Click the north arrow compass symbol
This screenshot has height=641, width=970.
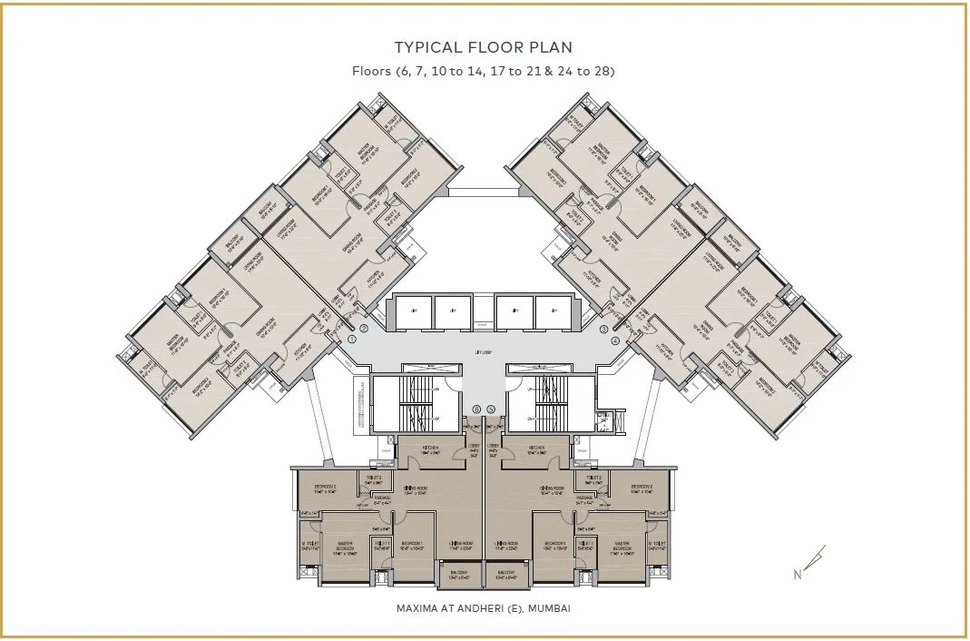(x=811, y=562)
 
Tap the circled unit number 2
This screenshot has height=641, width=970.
(x=364, y=329)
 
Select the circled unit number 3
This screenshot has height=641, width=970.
(x=604, y=329)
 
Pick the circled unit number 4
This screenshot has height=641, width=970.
(x=615, y=340)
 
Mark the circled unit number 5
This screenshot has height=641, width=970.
(x=491, y=409)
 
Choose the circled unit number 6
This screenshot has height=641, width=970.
(x=477, y=409)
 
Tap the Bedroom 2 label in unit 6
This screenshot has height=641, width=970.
(x=325, y=489)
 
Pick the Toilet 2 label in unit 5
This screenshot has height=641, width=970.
(x=593, y=479)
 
